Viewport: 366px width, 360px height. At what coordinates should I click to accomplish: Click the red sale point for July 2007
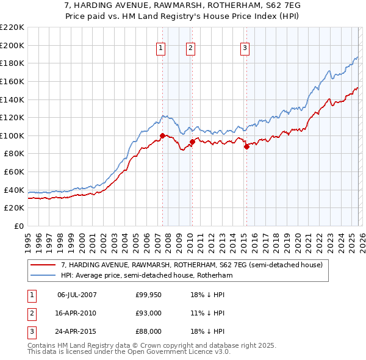pos(162,135)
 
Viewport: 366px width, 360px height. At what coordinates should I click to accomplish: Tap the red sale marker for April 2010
pos(192,142)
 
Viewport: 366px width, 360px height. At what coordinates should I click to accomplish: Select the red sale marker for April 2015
pos(246,146)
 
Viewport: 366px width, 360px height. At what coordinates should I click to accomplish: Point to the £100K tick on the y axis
pos(12,135)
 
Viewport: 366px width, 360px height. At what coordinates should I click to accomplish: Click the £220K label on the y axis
pos(12,27)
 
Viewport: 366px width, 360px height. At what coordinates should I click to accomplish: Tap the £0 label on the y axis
pos(18,226)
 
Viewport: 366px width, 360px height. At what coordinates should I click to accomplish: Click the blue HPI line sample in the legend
pos(43,276)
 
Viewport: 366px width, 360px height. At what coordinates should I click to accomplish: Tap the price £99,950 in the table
pos(148,295)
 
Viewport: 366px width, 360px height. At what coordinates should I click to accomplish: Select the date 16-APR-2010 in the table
pos(77,313)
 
